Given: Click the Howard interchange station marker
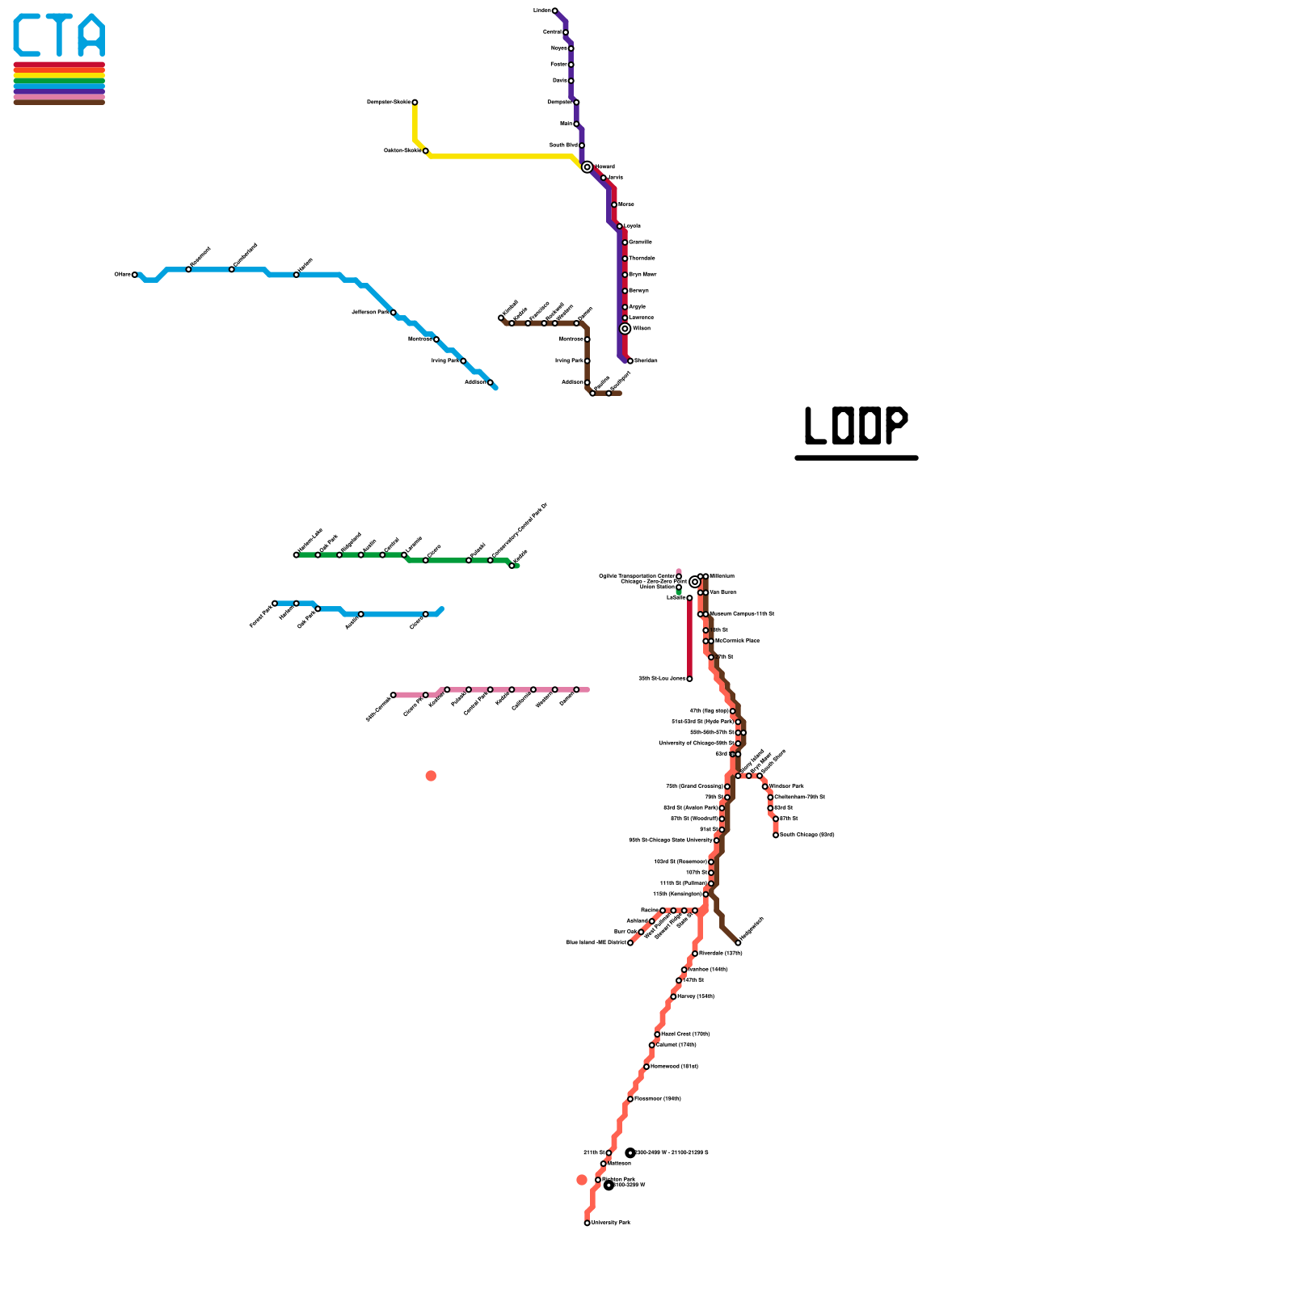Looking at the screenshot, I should (x=588, y=167).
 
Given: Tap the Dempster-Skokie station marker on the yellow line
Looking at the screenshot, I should (x=415, y=103).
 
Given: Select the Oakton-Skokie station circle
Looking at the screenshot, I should (x=426, y=151).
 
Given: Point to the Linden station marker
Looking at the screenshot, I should (x=554, y=11).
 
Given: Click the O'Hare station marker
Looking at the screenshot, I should (x=135, y=275).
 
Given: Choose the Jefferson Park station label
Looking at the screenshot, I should (x=370, y=312).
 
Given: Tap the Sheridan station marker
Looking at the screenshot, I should (x=630, y=361).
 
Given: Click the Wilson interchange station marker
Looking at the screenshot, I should (x=625, y=329).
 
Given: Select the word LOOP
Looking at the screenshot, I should (x=857, y=426).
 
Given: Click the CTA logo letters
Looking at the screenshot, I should (x=59, y=36).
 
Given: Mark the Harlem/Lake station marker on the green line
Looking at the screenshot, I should (x=296, y=555).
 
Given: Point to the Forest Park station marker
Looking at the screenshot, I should (x=275, y=603).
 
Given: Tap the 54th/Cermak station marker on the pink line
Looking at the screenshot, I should (x=394, y=695).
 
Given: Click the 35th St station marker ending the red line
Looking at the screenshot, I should (x=689, y=679).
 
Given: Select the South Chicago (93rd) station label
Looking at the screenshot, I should (x=807, y=835).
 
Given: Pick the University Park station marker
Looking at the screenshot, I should (x=588, y=1223).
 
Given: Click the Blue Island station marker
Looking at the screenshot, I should (x=630, y=943).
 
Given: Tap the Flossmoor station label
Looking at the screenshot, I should (x=657, y=1099).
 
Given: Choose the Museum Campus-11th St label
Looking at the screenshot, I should (x=742, y=614).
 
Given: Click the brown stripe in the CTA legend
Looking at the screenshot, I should (x=59, y=103).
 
